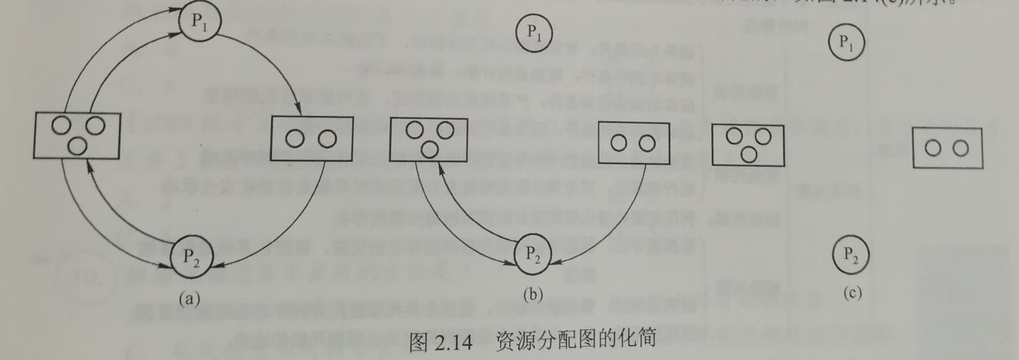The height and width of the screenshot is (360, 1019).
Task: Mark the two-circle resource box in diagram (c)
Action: coord(946,148)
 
